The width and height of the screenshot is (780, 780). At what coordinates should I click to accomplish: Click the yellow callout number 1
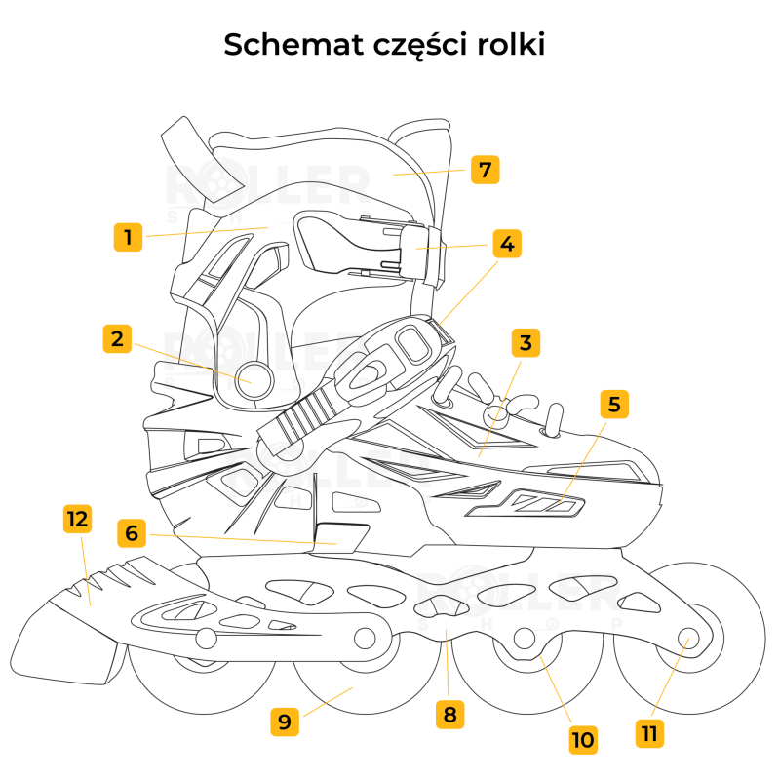pos(129,237)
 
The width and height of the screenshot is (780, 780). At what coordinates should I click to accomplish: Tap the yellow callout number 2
pos(117,338)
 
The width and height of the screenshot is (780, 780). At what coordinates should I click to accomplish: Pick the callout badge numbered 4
pos(505,243)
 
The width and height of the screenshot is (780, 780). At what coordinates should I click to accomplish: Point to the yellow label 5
pos(614,404)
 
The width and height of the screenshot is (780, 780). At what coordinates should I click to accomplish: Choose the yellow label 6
pos(133,533)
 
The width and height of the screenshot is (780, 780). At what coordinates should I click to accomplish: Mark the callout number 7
pos(485,170)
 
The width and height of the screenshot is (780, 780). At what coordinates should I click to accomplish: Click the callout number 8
pos(449,714)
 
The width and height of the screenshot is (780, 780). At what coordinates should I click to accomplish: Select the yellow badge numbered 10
pos(583,739)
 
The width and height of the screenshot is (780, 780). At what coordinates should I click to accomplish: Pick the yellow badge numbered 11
pos(650,731)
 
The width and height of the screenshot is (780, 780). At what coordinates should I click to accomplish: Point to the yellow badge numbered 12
pos(77,519)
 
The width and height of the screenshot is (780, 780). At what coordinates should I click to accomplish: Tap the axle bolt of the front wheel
pos(689,640)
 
